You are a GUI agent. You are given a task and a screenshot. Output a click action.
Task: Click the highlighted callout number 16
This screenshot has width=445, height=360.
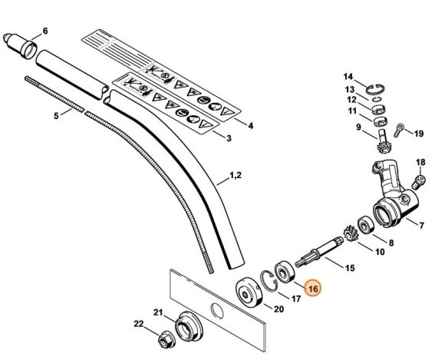click(311, 289)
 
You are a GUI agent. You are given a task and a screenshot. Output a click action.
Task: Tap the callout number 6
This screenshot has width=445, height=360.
click(44, 31)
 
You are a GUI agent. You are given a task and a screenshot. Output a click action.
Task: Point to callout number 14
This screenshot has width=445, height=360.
click(348, 77)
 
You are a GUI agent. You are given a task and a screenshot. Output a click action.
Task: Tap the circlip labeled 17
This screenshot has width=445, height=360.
click(270, 281)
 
